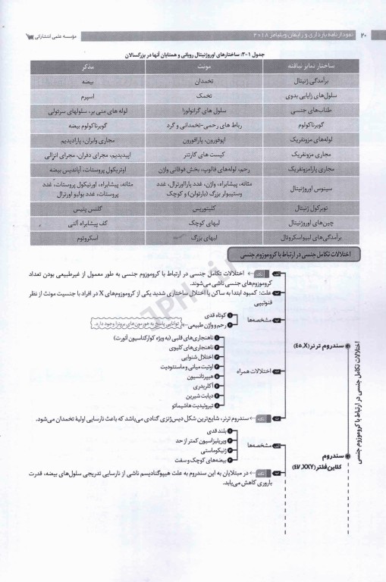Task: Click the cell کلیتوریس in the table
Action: click(x=192, y=205)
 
